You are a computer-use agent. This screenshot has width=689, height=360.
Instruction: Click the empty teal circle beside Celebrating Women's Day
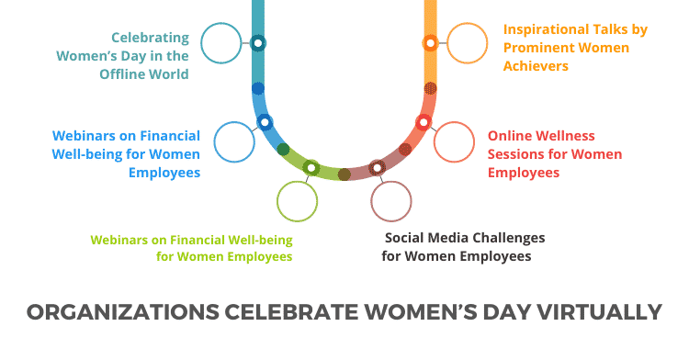click(220, 43)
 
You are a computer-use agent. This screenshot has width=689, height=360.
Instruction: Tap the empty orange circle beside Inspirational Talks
click(467, 43)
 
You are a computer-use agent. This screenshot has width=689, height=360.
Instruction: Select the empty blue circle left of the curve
click(233, 141)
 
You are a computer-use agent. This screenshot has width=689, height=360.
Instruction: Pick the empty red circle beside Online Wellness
click(454, 141)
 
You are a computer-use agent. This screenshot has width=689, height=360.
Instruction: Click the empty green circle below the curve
click(297, 201)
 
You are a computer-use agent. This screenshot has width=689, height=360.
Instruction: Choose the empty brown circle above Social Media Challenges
click(390, 201)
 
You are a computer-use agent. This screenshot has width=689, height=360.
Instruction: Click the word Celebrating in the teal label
click(150, 38)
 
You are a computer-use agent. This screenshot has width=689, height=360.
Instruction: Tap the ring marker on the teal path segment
click(258, 42)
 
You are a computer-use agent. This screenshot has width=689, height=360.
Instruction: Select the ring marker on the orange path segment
click(430, 42)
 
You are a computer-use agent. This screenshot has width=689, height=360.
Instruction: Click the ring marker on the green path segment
click(311, 167)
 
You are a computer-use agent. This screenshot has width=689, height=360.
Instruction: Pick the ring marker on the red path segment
click(424, 121)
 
